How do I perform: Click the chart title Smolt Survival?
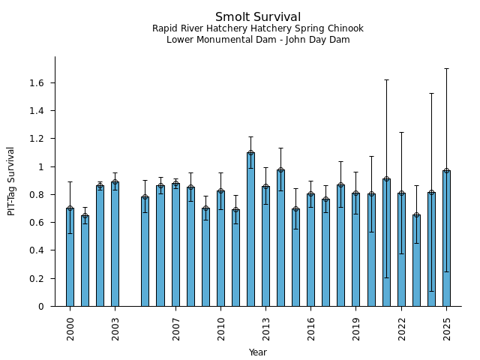click(258, 17)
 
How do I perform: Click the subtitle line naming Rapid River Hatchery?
click(258, 28)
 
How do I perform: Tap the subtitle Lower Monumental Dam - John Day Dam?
click(258, 40)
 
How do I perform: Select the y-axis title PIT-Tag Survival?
click(11, 181)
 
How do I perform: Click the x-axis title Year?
click(258, 352)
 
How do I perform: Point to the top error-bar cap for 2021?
click(386, 79)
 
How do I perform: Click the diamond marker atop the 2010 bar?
click(220, 191)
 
